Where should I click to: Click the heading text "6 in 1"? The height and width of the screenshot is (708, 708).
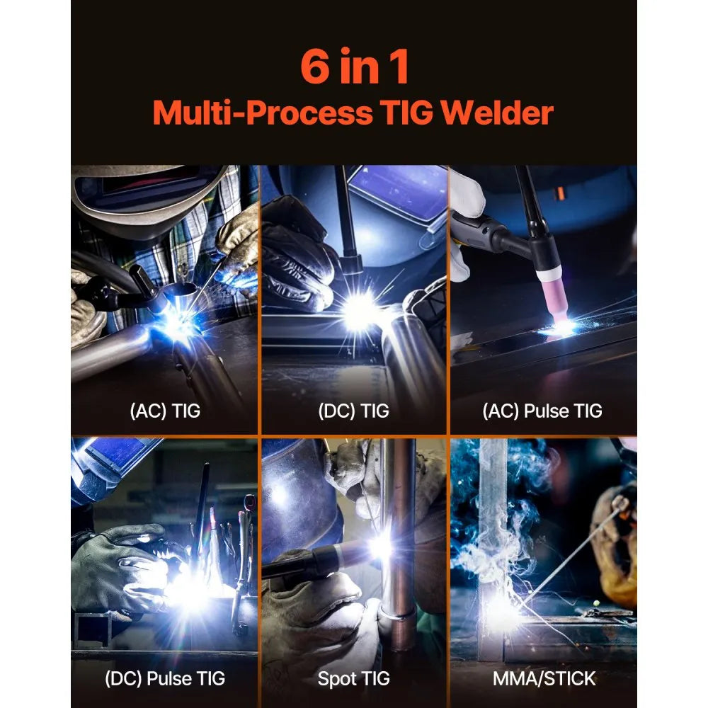click(x=354, y=67)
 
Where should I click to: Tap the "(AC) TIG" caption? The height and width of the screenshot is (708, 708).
click(x=165, y=411)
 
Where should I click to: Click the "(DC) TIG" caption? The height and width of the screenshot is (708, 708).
click(x=354, y=411)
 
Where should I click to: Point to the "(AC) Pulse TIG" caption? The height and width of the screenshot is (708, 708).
click(x=542, y=411)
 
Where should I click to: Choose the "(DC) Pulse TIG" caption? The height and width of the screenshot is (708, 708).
click(x=165, y=678)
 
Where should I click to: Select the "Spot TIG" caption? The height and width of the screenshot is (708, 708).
click(x=354, y=678)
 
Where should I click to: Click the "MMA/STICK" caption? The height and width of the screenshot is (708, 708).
click(x=544, y=678)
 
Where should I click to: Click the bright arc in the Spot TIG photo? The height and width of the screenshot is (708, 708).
click(x=380, y=547)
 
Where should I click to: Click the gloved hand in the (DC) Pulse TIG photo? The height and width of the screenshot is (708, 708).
click(x=117, y=566)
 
